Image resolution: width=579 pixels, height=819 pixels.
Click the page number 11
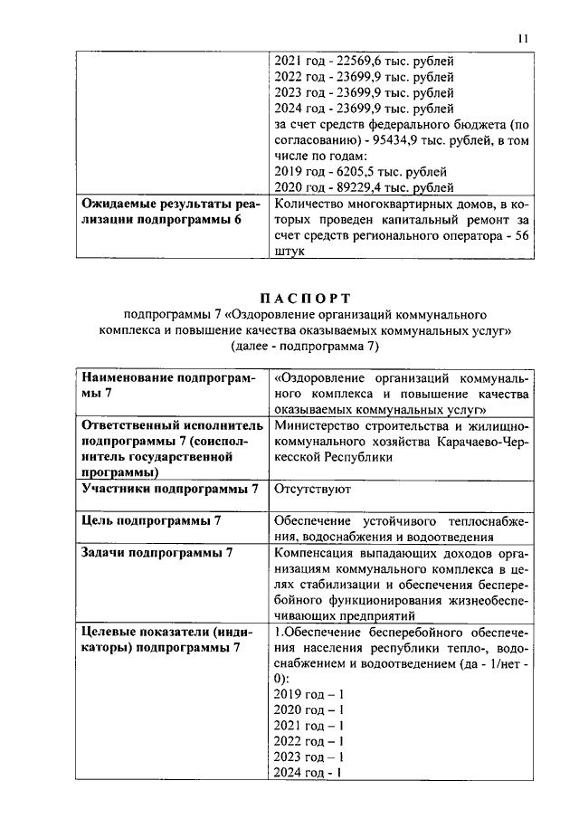click(523, 38)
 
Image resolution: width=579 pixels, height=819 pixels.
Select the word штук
click(289, 252)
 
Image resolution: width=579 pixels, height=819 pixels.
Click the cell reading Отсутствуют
click(313, 490)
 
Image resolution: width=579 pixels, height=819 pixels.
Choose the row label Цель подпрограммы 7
click(152, 520)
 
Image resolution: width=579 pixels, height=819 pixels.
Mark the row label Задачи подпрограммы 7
click(157, 552)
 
